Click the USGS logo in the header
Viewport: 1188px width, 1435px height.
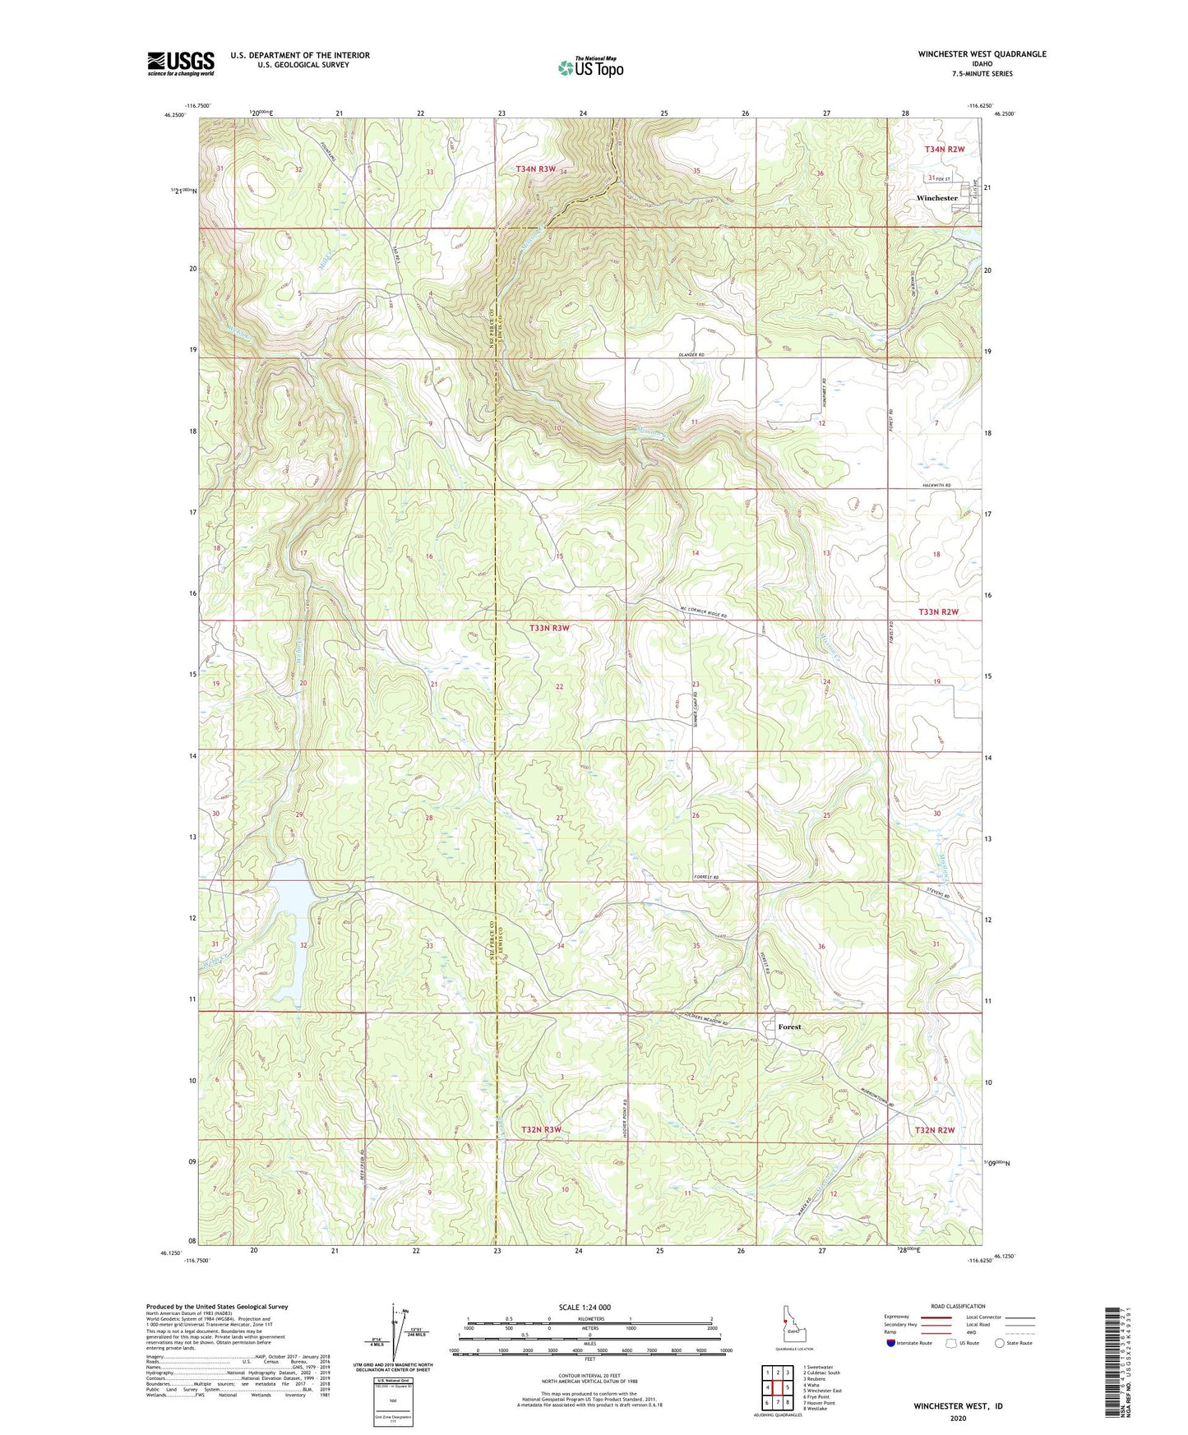pos(181,63)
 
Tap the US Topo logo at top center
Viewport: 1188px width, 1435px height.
pos(590,67)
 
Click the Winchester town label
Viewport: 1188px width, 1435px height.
pos(936,198)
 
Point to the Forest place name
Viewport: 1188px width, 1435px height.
pos(789,1027)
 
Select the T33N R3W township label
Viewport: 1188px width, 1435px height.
pos(549,628)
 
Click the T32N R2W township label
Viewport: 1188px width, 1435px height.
pos(935,1130)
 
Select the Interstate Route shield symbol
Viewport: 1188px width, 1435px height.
pos(892,1343)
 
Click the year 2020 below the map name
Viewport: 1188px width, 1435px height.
pos(958,1419)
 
